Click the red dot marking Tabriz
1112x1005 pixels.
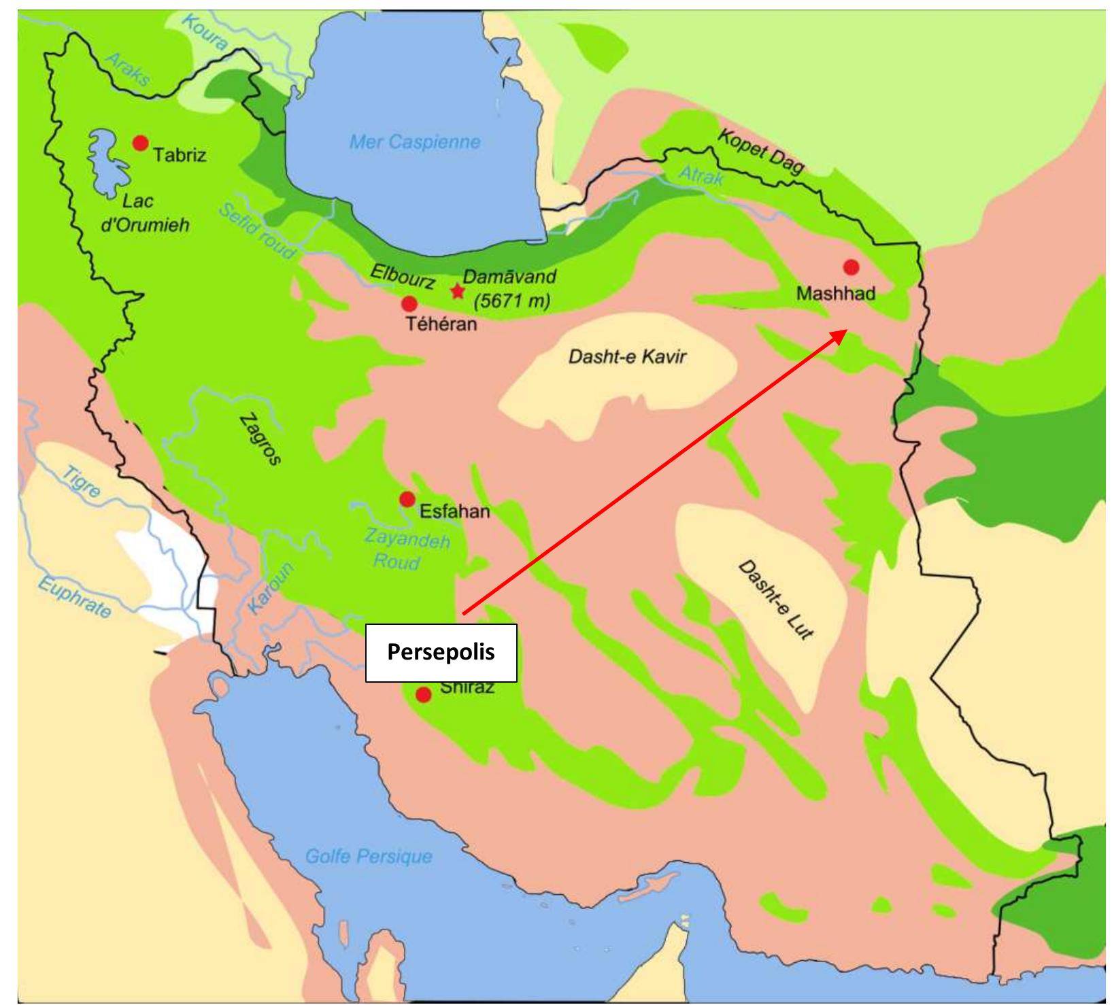coord(140,143)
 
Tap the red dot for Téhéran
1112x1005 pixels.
coord(409,303)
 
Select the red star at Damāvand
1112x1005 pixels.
coord(458,292)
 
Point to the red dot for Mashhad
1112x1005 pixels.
coord(850,266)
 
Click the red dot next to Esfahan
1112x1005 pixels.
coord(407,500)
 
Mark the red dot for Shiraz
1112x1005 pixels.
coord(424,695)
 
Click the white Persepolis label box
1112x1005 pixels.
coord(441,653)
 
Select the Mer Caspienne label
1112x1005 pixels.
coord(414,142)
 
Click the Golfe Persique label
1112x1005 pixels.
coord(369,856)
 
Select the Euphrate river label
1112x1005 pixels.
coord(73,597)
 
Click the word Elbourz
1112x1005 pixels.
coord(402,277)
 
